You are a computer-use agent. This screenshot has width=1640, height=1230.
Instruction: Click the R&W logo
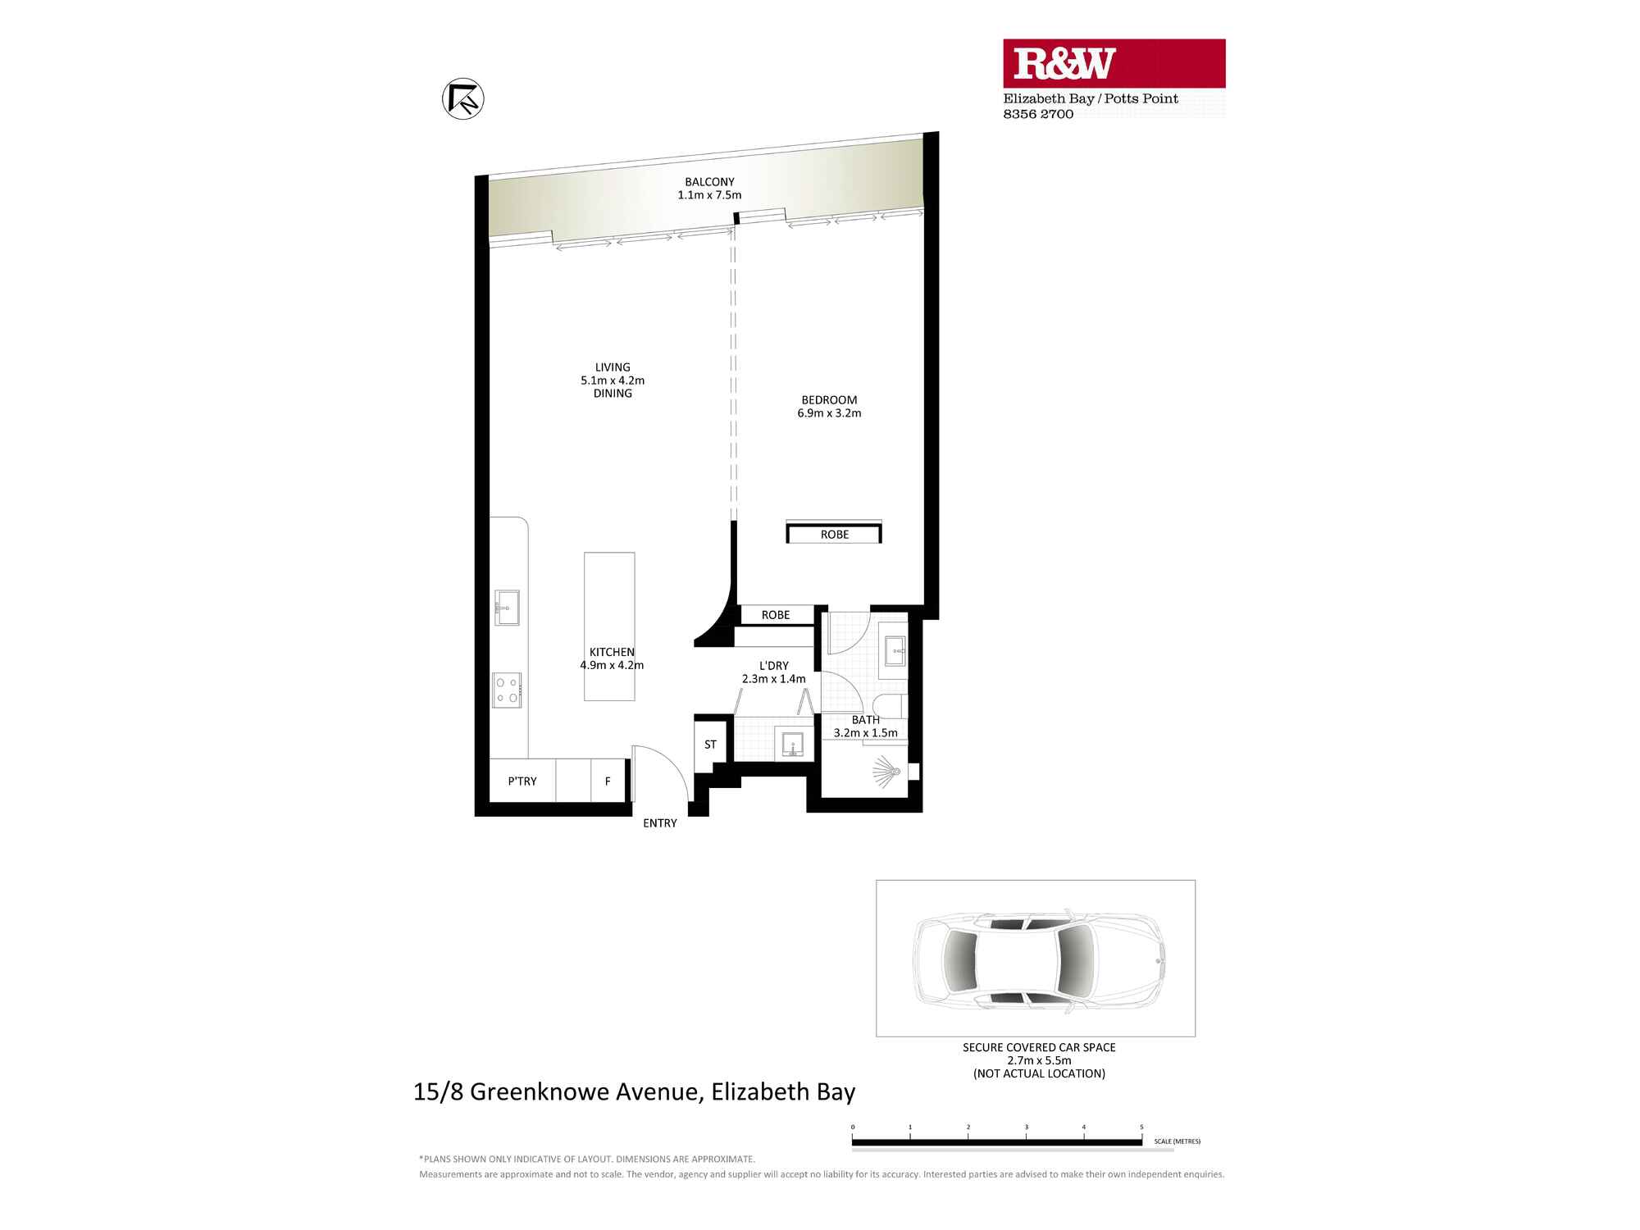[1114, 63]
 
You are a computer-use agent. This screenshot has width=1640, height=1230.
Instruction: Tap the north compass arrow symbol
[462, 99]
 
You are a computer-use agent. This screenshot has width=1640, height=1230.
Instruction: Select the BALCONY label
[710, 182]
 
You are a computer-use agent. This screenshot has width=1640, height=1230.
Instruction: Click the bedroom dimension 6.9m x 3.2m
[829, 413]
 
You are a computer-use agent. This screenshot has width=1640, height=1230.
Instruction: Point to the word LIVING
[613, 367]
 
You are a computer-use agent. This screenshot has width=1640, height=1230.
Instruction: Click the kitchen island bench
[609, 626]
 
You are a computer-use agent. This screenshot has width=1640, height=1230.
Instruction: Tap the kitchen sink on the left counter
[507, 608]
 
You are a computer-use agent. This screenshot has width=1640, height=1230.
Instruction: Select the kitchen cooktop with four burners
[507, 690]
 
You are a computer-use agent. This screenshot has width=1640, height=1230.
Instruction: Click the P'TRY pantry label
[522, 781]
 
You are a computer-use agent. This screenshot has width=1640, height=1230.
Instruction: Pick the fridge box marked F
[608, 781]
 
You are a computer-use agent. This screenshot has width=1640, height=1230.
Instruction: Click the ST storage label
[710, 745]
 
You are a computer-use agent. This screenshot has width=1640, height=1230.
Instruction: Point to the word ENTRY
[660, 823]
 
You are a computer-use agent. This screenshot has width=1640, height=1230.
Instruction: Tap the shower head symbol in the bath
[887, 772]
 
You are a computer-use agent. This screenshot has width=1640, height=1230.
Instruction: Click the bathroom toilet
[890, 706]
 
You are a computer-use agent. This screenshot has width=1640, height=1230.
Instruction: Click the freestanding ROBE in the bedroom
[834, 533]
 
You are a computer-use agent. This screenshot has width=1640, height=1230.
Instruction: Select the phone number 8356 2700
[1038, 114]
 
